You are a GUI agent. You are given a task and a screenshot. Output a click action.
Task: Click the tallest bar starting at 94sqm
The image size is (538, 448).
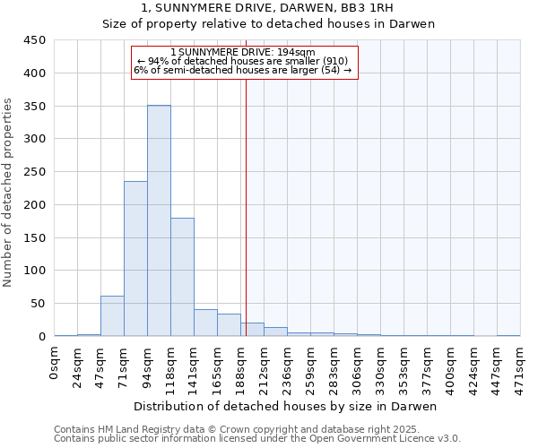pyautogui.click(x=159, y=220)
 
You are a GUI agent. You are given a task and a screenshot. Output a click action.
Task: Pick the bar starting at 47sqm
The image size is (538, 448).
pyautogui.click(x=112, y=315)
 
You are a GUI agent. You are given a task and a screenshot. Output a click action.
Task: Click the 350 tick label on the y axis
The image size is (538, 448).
pyautogui.click(x=35, y=107)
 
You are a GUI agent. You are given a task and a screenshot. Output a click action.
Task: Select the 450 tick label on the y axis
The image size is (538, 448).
pyautogui.click(x=35, y=40)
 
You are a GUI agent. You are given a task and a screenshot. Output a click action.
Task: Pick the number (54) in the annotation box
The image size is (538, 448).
pyautogui.click(x=329, y=70)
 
